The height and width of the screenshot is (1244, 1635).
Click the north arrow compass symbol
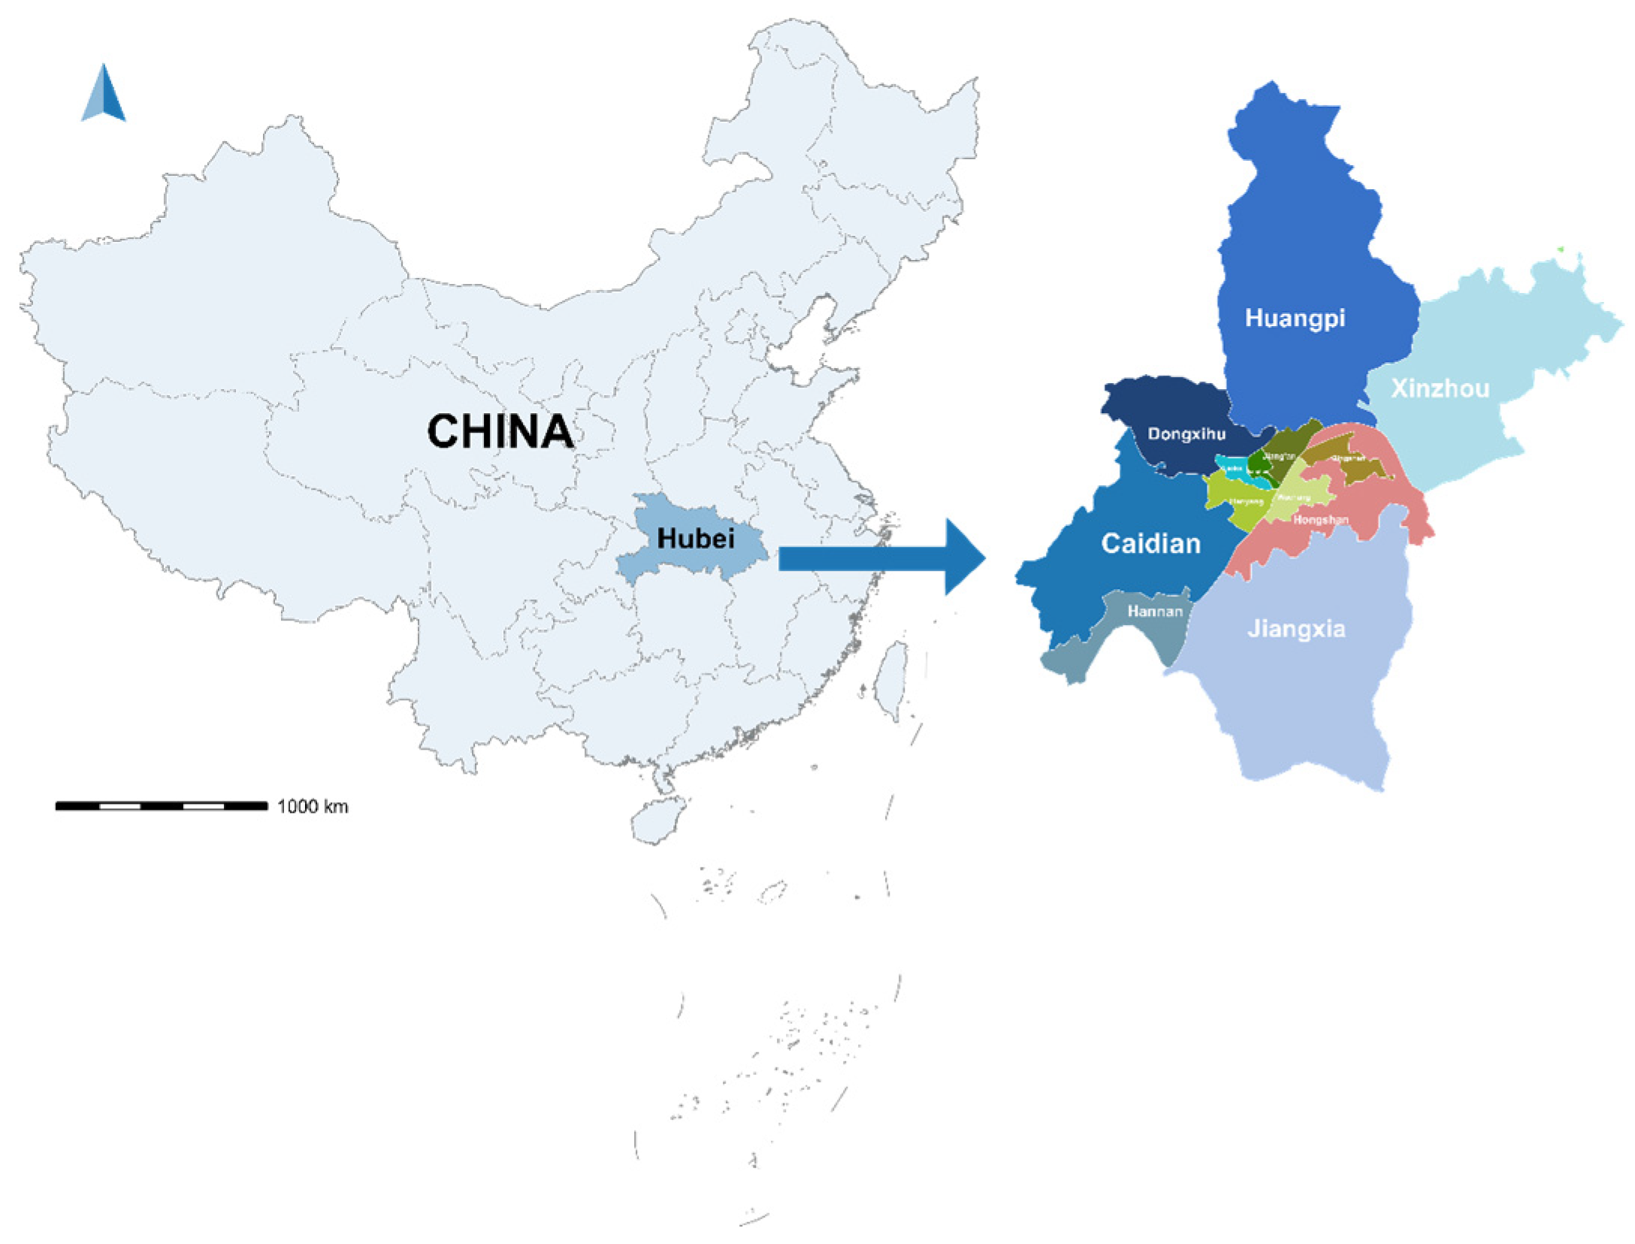click(104, 94)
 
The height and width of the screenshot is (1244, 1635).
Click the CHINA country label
click(500, 432)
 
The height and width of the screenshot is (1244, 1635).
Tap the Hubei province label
click(695, 539)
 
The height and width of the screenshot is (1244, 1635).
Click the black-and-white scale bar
click(161, 806)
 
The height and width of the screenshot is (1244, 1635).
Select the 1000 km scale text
click(313, 807)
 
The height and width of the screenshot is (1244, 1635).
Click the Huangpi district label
click(1295, 318)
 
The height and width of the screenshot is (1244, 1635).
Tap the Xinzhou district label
click(1440, 388)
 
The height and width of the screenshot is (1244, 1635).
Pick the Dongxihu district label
click(1186, 434)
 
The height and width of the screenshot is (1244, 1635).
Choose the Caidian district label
click(1150, 543)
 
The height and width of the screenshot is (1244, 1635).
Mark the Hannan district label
click(1155, 611)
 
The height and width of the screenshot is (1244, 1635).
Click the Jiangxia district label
click(1296, 629)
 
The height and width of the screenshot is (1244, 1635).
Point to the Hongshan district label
click(1320, 520)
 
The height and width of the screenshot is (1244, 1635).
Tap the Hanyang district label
click(1245, 501)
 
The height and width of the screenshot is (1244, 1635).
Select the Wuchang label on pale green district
click(1294, 498)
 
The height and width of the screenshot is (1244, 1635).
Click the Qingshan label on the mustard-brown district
click(1348, 458)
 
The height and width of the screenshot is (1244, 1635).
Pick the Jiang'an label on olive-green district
click(1279, 456)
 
